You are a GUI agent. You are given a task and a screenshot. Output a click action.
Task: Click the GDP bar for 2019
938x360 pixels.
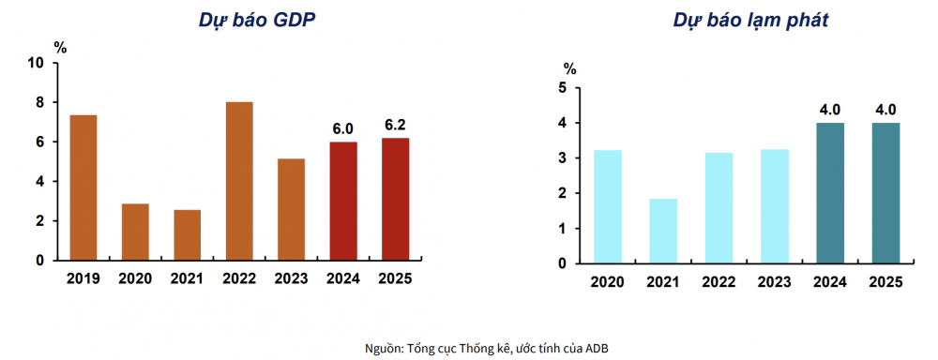pyautogui.click(x=83, y=187)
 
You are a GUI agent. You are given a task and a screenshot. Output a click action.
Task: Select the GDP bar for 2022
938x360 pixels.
pyautogui.click(x=239, y=181)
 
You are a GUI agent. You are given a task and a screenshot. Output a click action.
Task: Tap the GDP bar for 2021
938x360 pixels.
pyautogui.click(x=187, y=234)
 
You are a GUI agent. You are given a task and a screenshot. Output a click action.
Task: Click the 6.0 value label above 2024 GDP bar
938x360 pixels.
pyautogui.click(x=343, y=127)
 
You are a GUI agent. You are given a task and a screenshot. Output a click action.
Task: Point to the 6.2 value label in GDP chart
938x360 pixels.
pyautogui.click(x=395, y=124)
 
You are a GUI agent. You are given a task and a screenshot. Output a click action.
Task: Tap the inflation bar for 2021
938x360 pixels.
pyautogui.click(x=663, y=231)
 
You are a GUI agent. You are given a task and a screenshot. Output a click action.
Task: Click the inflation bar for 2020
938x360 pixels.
pyautogui.click(x=607, y=206)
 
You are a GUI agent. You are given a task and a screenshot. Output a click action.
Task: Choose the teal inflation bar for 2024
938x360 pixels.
pyautogui.click(x=829, y=193)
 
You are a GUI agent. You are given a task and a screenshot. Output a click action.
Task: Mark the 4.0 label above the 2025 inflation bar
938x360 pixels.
pyautogui.click(x=885, y=109)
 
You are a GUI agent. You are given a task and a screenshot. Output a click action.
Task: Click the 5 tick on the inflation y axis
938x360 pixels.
pyautogui.click(x=563, y=87)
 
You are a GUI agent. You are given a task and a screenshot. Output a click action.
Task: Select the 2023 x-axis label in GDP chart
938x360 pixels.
pyautogui.click(x=291, y=278)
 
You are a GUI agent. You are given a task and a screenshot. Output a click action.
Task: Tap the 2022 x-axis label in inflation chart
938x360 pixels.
pyautogui.click(x=719, y=281)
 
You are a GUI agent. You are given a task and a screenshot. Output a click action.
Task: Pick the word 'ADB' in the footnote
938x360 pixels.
pyautogui.click(x=598, y=348)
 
